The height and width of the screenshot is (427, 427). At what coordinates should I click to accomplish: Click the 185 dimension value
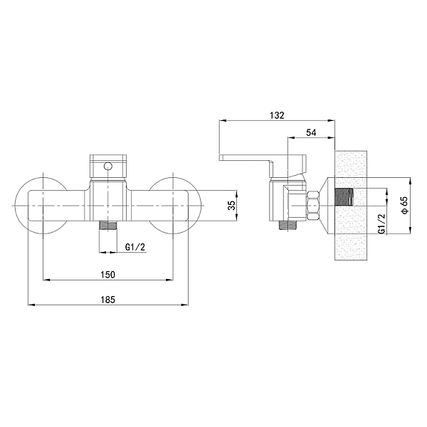(x=107, y=300)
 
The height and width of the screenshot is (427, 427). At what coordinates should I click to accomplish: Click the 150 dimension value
(x=107, y=274)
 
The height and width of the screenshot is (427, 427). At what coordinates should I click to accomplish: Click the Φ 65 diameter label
(x=403, y=206)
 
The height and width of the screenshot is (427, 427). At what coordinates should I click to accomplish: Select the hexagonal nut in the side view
(x=312, y=206)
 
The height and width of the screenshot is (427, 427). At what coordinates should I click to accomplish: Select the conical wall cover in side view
(x=327, y=206)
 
